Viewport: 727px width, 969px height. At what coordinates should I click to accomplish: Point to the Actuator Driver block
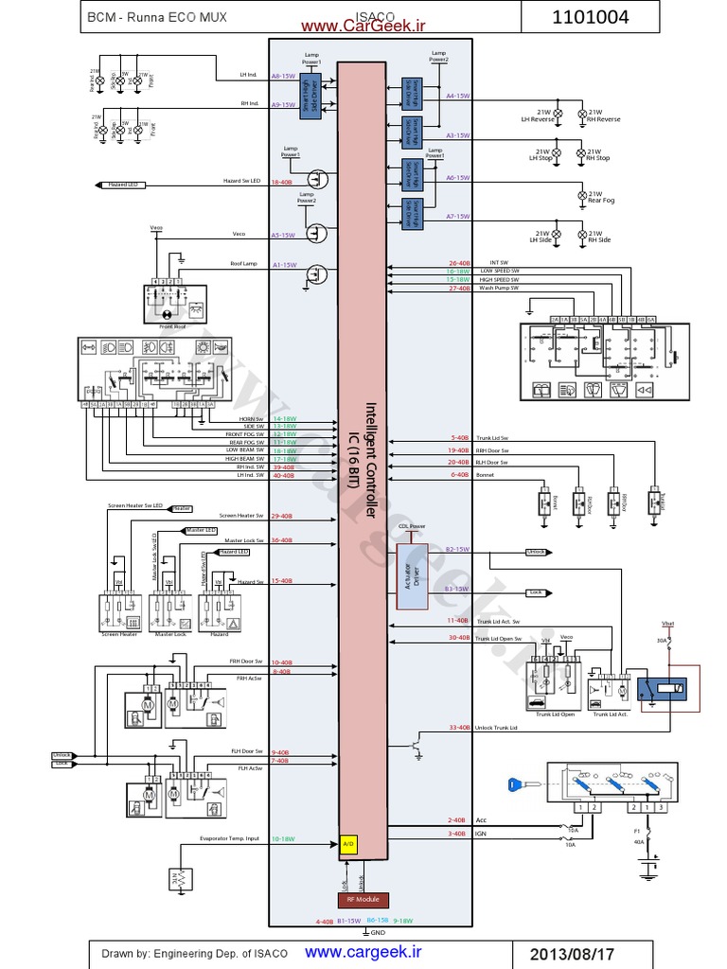[x=411, y=568]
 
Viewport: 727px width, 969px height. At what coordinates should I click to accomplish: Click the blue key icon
[x=516, y=784]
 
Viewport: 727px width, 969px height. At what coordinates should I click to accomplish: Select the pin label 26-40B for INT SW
[x=459, y=263]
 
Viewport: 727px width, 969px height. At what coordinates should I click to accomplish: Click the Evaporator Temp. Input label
[x=230, y=838]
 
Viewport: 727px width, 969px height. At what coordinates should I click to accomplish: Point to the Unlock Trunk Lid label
[x=497, y=727]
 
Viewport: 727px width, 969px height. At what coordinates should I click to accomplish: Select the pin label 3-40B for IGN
[x=456, y=834]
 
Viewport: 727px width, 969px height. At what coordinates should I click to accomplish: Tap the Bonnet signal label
[x=486, y=475]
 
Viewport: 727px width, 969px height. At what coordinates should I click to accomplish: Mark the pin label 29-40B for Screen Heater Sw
[x=282, y=516]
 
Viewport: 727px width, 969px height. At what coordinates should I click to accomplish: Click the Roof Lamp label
[x=244, y=265]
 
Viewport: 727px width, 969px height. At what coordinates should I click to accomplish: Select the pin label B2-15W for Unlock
[x=457, y=549]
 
